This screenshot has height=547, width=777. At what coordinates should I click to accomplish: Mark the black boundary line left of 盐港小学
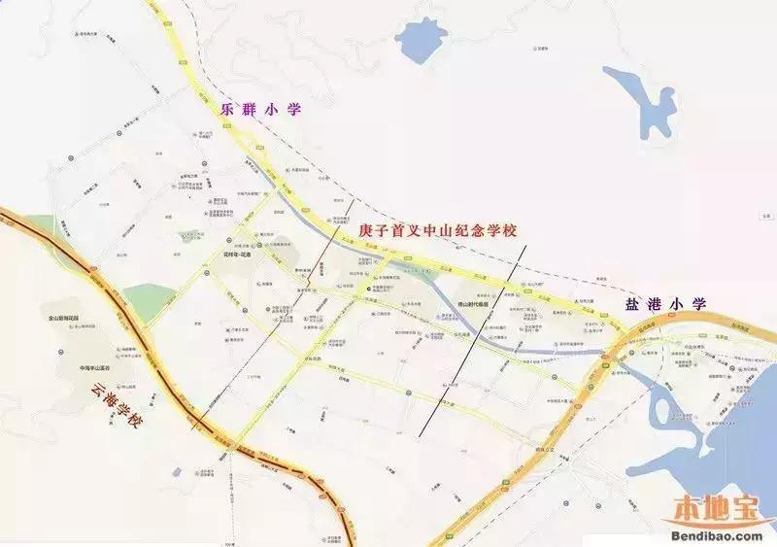click(x=476, y=340)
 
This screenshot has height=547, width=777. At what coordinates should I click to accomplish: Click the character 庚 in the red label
click(x=366, y=231)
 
